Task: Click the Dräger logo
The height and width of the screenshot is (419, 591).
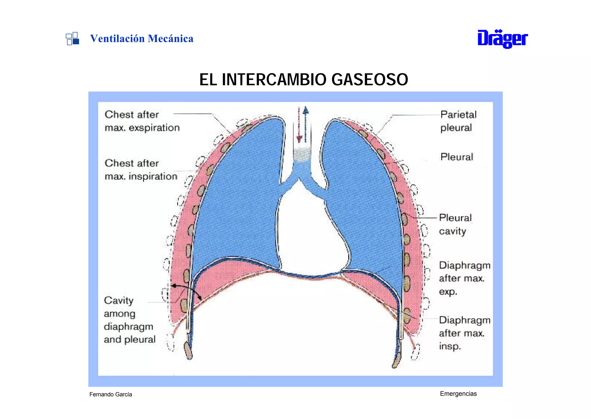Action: click(x=502, y=39)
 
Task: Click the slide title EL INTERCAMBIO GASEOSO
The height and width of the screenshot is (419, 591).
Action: click(x=304, y=79)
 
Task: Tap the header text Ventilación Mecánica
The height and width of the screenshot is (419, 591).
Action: click(x=142, y=38)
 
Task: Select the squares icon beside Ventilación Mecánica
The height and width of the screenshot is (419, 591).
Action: click(x=72, y=38)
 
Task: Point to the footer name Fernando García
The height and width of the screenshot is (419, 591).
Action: click(x=111, y=394)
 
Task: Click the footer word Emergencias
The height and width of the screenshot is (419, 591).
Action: click(x=458, y=394)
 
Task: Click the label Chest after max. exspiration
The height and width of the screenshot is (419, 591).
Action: click(x=142, y=121)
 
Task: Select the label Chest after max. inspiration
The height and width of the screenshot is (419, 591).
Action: click(x=141, y=170)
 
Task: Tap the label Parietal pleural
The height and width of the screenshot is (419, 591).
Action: click(x=458, y=121)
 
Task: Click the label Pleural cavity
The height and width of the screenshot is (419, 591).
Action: click(x=455, y=224)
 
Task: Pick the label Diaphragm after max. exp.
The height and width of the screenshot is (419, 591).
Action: click(x=464, y=278)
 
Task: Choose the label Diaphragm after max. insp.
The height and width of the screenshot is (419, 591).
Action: click(x=464, y=333)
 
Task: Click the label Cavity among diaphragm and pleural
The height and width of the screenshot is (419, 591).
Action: click(x=130, y=320)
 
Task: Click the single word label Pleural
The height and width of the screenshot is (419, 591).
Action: click(x=457, y=157)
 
